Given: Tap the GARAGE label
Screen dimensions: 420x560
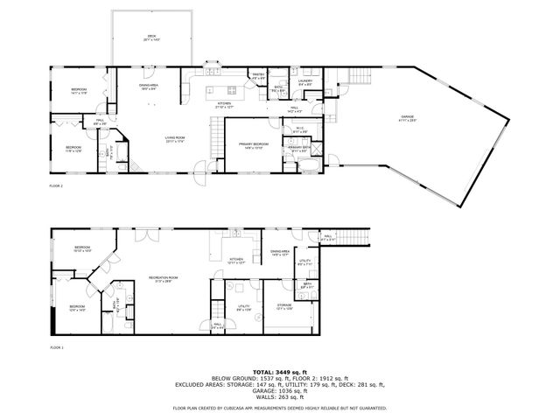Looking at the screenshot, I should click(407, 117).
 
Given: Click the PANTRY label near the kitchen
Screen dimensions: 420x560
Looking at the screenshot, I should click(258, 75).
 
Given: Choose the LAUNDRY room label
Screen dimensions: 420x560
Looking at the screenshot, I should click(305, 81).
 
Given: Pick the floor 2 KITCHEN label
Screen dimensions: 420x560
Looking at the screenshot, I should click(224, 103).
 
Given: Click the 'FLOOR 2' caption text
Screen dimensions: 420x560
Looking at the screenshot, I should click(56, 186).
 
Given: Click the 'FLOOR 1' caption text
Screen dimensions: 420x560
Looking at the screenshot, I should click(56, 347).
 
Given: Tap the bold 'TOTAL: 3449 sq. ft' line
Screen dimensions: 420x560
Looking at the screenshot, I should click(279, 372).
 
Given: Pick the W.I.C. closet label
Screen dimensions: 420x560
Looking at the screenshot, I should click(298, 129).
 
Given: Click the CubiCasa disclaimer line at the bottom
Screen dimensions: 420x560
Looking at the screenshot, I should click(279, 408).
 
